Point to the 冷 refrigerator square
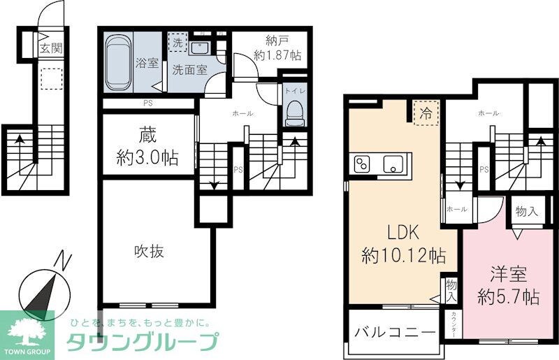[x=424, y=114]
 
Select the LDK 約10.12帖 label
[x=404, y=245]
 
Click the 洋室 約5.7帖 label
[x=507, y=285]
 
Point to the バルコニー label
[x=394, y=333]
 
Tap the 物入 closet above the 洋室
[x=526, y=211]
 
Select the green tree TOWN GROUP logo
[x=28, y=333]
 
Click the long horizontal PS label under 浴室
[x=147, y=105]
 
